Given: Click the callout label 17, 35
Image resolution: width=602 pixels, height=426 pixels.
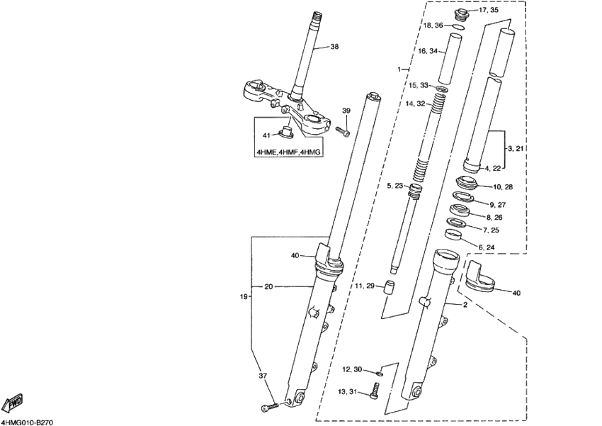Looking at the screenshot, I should click(x=488, y=11).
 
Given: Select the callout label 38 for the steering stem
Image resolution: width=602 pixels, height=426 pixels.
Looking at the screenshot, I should click(x=334, y=47).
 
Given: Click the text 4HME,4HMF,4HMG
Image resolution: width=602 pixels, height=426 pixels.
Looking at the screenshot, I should click(x=288, y=152).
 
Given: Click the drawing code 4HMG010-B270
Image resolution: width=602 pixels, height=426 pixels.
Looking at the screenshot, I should click(x=28, y=421).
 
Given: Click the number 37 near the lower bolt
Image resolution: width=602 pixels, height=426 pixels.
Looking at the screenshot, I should click(x=263, y=376).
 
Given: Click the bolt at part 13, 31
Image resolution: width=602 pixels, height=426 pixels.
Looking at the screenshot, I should click(x=375, y=389).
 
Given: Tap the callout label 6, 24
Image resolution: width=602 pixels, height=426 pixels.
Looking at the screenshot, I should click(x=487, y=247).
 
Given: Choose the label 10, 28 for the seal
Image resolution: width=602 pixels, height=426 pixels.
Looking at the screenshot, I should click(x=503, y=186).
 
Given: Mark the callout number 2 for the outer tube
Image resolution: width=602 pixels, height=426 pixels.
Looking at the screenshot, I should click(x=465, y=305).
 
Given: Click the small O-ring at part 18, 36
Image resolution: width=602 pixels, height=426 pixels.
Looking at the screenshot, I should click(x=458, y=28).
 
